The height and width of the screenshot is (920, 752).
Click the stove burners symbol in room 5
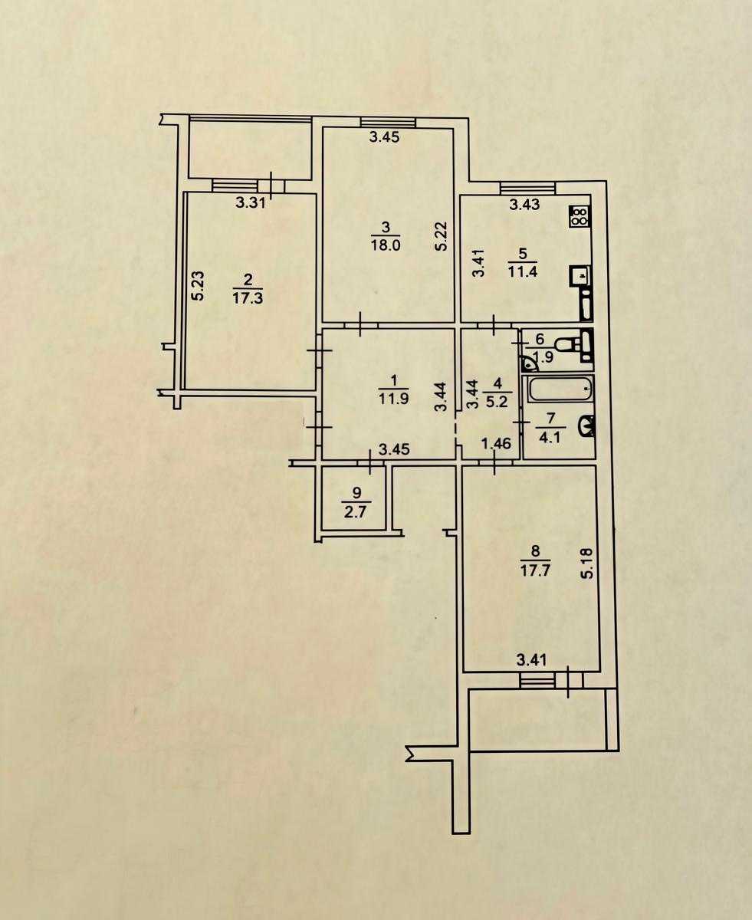point(580,216)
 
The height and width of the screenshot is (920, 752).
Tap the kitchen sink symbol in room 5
point(580,276)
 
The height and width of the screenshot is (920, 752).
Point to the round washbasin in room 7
point(586,426)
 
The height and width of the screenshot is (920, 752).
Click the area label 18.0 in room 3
point(385,245)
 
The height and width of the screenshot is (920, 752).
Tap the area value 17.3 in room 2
point(248,299)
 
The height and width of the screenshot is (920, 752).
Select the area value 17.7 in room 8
point(535,570)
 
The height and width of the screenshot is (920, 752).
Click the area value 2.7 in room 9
point(356,511)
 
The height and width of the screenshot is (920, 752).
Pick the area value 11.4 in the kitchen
point(522,271)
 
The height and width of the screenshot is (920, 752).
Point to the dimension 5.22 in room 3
point(441,236)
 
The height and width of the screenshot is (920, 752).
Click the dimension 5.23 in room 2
point(199,286)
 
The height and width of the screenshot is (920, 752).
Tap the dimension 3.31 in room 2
point(251,203)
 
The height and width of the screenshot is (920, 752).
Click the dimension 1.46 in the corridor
point(496,444)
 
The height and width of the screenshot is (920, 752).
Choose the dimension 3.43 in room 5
point(525,204)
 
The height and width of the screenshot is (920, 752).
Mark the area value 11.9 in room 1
point(394,398)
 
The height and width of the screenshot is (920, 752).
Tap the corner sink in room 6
point(529,363)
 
